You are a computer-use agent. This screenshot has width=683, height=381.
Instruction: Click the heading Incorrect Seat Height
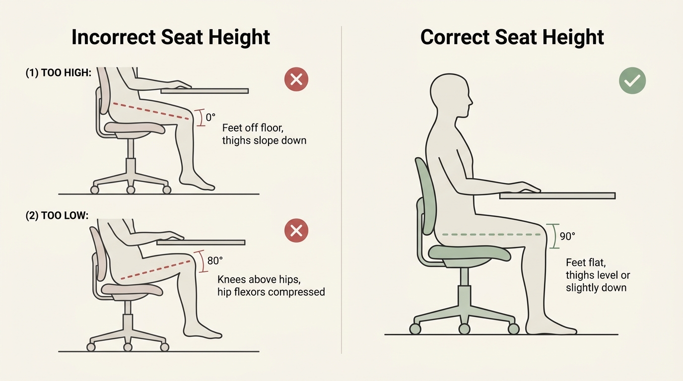point(171,37)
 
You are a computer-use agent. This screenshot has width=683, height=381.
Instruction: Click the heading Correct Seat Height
point(512,37)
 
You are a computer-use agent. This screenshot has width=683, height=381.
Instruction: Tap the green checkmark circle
point(632,81)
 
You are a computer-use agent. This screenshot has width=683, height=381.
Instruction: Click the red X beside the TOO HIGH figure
point(296,79)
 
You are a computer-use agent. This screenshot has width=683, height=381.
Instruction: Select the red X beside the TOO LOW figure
point(296,230)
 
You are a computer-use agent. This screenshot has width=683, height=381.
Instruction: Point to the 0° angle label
point(210,118)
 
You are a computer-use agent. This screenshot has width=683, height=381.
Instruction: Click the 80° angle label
point(215,260)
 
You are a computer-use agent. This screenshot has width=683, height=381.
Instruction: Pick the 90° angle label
point(567,236)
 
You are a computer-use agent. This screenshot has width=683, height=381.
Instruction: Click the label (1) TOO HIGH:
point(59,72)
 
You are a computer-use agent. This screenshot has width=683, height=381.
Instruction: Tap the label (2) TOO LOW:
point(57,216)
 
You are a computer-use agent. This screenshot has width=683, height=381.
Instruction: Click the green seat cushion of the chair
point(469,254)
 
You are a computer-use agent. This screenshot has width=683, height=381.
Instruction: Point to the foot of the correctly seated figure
point(551,328)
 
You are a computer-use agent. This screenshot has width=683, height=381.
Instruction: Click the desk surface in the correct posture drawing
point(557,196)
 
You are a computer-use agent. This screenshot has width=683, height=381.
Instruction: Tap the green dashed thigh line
point(491,234)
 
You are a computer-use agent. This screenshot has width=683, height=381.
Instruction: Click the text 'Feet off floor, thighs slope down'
point(264,134)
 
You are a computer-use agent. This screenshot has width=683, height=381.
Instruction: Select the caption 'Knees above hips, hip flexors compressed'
point(271,286)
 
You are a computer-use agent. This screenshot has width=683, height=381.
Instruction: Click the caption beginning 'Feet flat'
point(598,275)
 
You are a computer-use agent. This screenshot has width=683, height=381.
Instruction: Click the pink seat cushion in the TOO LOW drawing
point(132,289)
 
